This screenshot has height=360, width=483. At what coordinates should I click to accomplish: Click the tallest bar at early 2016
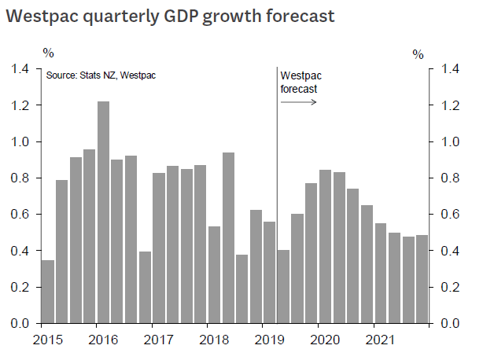103,212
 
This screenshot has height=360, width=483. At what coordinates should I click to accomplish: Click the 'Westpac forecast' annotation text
302,82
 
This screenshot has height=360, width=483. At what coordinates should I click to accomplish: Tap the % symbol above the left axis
49,53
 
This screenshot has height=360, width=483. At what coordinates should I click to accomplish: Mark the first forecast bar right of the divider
284,287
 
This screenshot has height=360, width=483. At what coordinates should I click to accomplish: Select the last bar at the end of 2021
422,279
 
